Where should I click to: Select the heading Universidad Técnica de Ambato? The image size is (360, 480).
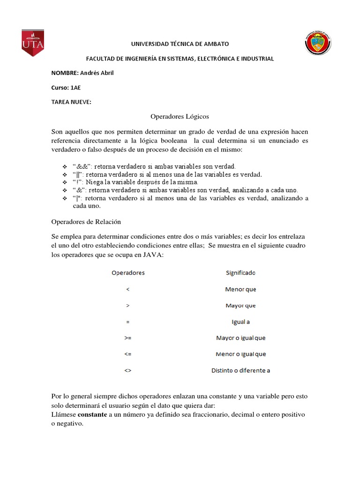coord(180,44)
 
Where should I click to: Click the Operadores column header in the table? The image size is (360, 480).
coord(128,272)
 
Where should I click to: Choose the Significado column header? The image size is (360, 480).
coord(240,272)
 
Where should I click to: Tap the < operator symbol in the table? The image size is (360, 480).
coord(128,289)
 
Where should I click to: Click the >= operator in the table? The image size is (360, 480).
coord(128,337)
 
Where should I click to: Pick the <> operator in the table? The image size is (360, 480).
coord(128,370)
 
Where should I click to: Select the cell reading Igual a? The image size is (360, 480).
coord(240,322)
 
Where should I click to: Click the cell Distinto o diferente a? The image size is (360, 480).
coord(240,370)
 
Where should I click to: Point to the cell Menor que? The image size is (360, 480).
coord(240,289)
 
